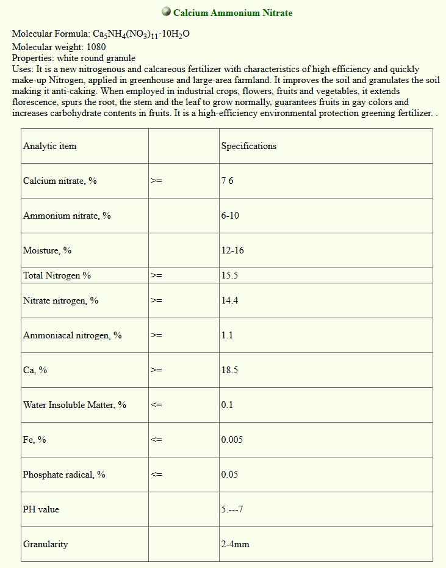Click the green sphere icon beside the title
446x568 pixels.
[x=166, y=12]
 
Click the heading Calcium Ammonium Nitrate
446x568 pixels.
[x=232, y=13]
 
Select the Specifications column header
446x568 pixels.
[x=248, y=146]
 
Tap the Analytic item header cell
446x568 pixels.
[x=50, y=146]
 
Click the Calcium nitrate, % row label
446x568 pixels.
[x=60, y=181]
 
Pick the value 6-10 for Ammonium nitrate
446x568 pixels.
[x=230, y=216]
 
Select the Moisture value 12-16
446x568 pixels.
[x=232, y=250]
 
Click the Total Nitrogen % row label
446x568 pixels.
[x=57, y=275]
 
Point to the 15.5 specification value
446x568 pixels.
[x=229, y=275]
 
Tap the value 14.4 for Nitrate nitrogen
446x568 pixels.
[x=229, y=300]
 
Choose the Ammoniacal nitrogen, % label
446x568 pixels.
[x=72, y=335]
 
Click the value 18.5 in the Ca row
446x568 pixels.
[x=229, y=370]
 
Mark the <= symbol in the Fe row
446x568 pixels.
[x=156, y=440]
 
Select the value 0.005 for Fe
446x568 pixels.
[x=232, y=440]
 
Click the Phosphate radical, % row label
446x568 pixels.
[x=64, y=475]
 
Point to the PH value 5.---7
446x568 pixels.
[x=232, y=509]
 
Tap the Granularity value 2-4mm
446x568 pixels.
[x=235, y=544]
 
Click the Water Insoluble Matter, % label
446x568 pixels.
[x=74, y=405]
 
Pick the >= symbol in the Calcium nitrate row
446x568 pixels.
[x=156, y=181]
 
